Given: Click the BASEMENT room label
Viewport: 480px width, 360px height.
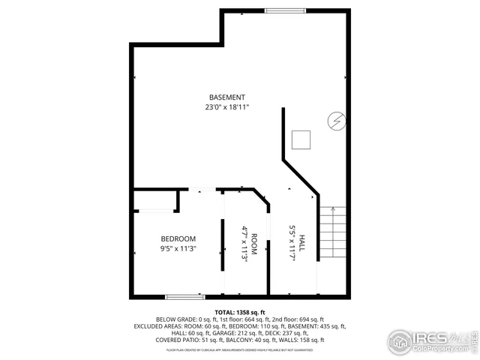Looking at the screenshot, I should click(226, 97).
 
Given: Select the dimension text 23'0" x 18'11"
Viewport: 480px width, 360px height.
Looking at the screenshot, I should click(226, 107).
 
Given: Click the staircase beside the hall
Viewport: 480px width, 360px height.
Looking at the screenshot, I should click(333, 233).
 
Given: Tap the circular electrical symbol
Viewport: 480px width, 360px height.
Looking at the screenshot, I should click(336, 120).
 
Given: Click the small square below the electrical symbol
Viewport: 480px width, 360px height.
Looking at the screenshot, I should click(301, 139).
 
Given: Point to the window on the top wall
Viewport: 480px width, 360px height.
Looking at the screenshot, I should click(285, 10).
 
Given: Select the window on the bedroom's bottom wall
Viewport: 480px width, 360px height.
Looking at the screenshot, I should click(184, 296).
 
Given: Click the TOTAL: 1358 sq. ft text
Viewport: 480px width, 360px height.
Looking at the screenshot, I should click(239, 311).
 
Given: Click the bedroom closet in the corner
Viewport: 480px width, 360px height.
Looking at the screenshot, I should click(155, 200).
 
